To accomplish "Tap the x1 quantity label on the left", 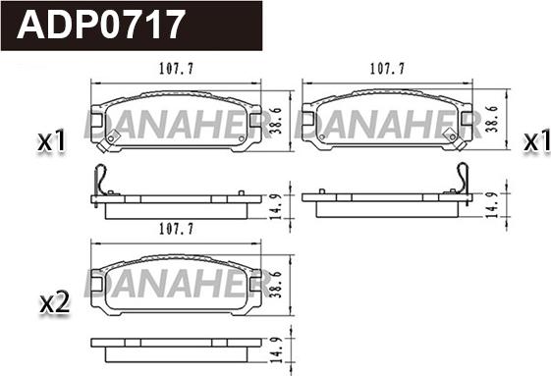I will coord(50,143).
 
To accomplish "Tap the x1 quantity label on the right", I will coord(535,141).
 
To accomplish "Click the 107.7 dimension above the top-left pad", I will coord(178,71).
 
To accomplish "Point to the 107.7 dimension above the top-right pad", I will coord(388,71).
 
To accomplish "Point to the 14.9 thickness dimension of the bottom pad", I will coord(278,348).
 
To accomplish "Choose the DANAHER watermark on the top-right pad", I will coord(388,122).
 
